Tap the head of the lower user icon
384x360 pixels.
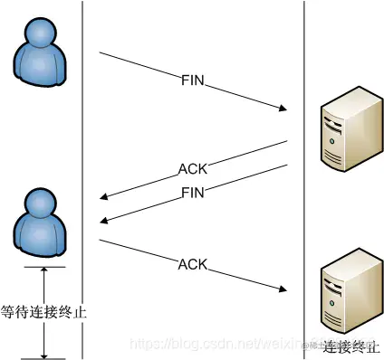[42, 204]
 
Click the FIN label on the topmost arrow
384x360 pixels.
[193, 81]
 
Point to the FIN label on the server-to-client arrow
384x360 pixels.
[193, 193]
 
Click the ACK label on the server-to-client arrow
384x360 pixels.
[193, 167]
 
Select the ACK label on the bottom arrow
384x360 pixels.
[193, 264]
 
